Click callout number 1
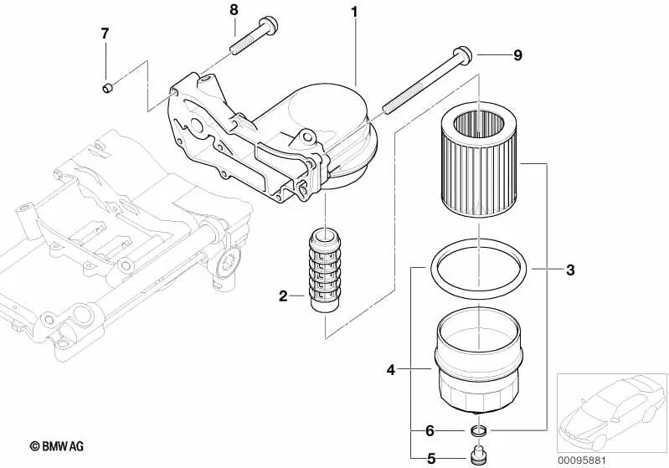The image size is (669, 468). (x=354, y=12)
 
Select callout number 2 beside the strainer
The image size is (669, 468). (x=284, y=296)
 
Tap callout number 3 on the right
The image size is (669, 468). (x=569, y=270)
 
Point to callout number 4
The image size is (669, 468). (x=390, y=368)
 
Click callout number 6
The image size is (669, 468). (x=430, y=430)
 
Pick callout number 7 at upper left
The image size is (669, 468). (x=105, y=33)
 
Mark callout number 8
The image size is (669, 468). (x=234, y=10)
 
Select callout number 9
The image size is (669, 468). (x=517, y=55)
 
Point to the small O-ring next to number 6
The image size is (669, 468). (x=479, y=431)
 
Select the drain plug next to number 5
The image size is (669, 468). (x=479, y=455)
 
